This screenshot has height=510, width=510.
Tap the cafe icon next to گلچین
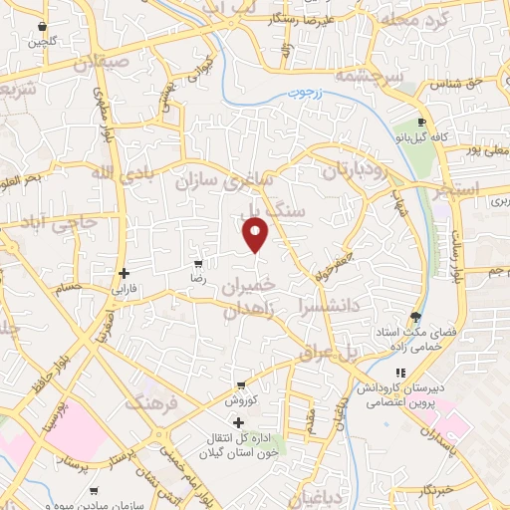41,27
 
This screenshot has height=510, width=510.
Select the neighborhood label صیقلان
102,63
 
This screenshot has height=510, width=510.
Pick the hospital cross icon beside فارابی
124,273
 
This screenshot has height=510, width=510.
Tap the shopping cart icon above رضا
198,265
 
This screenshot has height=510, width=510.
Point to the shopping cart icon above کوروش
241,385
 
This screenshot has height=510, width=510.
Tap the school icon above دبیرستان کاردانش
401,373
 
